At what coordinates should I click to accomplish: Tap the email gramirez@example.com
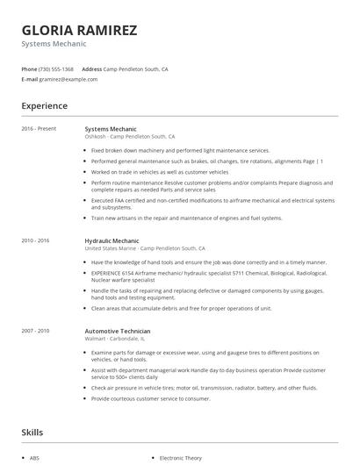point(68,79)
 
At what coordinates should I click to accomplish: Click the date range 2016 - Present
point(39,129)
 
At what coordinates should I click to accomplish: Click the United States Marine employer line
point(145,247)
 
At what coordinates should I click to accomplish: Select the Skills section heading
point(32,432)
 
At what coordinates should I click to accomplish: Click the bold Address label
point(92,68)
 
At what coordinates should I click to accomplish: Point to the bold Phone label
point(29,68)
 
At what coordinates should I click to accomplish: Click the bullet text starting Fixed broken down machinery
point(180,150)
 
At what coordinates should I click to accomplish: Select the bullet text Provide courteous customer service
point(150,397)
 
